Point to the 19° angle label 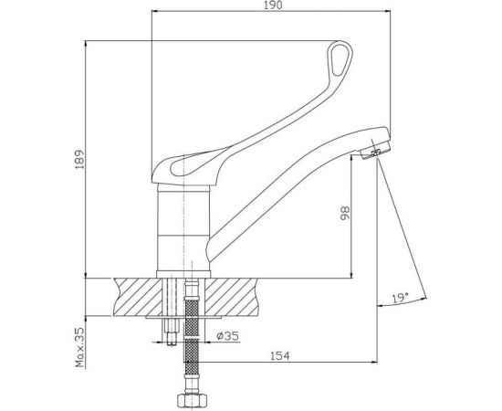coord(400,297)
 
